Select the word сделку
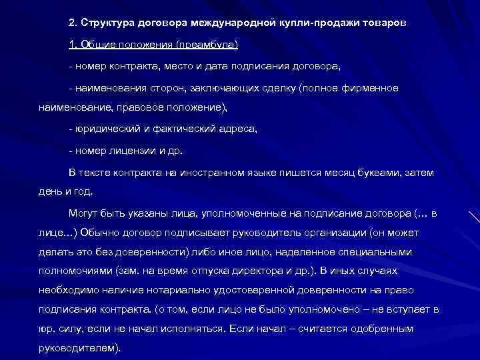281,88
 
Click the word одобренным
377,329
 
